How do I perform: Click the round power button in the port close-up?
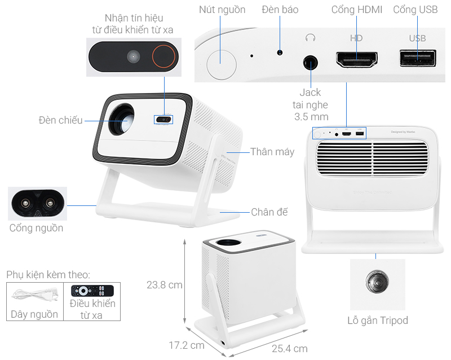coord(222,62)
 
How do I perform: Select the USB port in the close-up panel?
coord(417,58)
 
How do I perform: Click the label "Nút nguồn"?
coord(222,10)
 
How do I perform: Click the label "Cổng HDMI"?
coord(357,10)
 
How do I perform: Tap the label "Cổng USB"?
coord(416,10)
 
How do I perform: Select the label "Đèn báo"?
coord(280,10)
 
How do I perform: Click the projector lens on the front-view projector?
coord(122,120)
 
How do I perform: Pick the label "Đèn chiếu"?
coord(60,120)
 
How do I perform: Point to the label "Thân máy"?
coord(272,152)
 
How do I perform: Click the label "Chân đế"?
coord(269,212)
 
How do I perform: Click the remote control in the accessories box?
coord(92,291)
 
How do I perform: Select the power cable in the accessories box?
coord(34,295)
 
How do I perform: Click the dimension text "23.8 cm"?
coord(164,285)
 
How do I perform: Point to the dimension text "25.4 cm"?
coord(289,349)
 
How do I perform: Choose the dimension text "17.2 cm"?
coord(186,345)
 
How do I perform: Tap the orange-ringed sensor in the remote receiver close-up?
coord(164,57)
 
